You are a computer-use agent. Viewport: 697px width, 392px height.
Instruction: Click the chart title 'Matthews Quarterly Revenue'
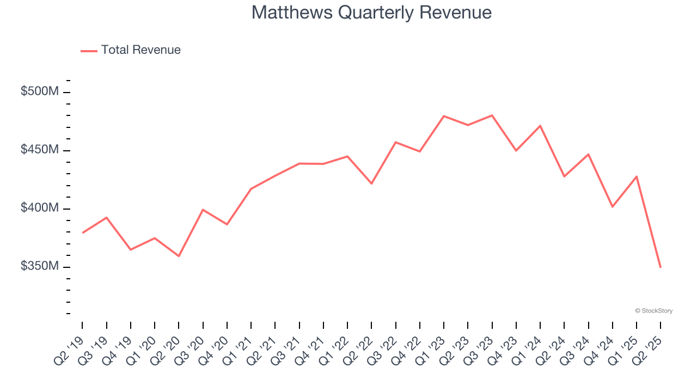point(371,13)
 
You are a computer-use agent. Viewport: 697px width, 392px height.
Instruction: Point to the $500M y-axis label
point(39,91)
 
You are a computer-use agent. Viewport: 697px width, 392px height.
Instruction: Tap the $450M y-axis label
point(39,150)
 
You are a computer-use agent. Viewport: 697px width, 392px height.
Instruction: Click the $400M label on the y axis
point(39,208)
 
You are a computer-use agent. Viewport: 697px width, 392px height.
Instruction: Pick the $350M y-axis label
point(39,266)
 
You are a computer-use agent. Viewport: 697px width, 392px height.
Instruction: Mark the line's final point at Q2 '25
point(661,267)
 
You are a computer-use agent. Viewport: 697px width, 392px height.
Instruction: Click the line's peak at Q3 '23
point(492,115)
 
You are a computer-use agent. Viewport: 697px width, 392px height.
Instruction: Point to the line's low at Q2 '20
point(179,256)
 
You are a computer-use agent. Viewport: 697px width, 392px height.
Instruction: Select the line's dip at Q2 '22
point(371,183)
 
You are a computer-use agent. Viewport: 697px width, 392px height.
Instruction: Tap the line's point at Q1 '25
point(637,176)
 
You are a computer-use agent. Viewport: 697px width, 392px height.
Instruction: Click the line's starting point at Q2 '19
point(83,232)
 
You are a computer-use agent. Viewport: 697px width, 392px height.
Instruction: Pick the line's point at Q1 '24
point(540,126)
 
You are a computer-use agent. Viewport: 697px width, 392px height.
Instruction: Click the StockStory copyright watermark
point(653,311)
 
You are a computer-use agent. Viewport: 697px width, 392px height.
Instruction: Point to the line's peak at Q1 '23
point(444,116)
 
